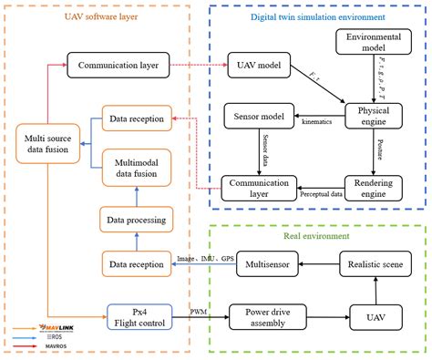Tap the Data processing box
click(135, 220)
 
